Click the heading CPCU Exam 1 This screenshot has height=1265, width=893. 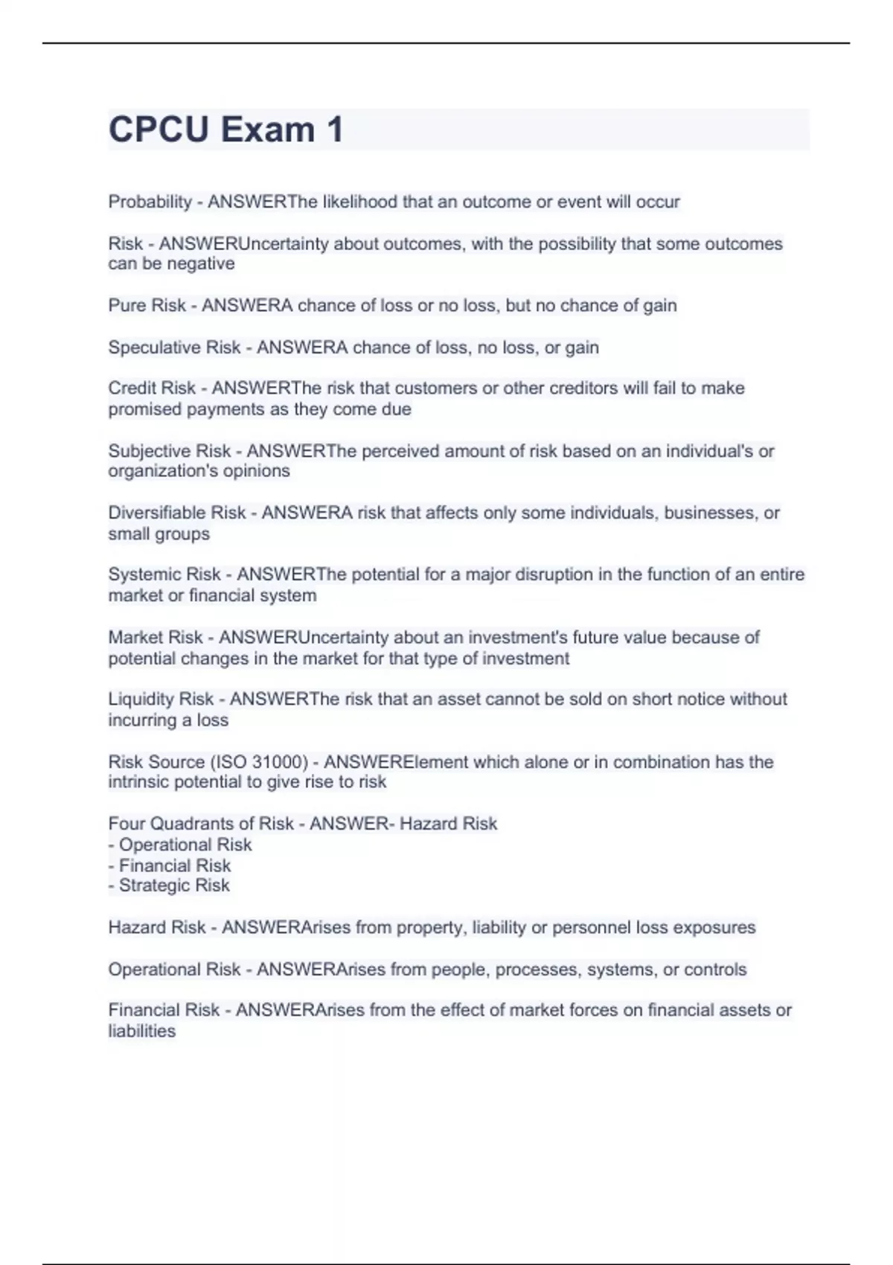click(225, 129)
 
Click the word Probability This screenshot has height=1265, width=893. click(150, 202)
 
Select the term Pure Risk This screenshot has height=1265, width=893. click(147, 305)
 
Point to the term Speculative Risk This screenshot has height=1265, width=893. click(174, 348)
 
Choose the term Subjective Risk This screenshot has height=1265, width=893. click(170, 451)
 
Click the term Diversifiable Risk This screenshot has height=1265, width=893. click(176, 513)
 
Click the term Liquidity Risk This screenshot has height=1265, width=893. click(161, 699)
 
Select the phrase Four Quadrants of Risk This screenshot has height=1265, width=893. click(201, 824)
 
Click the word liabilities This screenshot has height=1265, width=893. click(141, 1031)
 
